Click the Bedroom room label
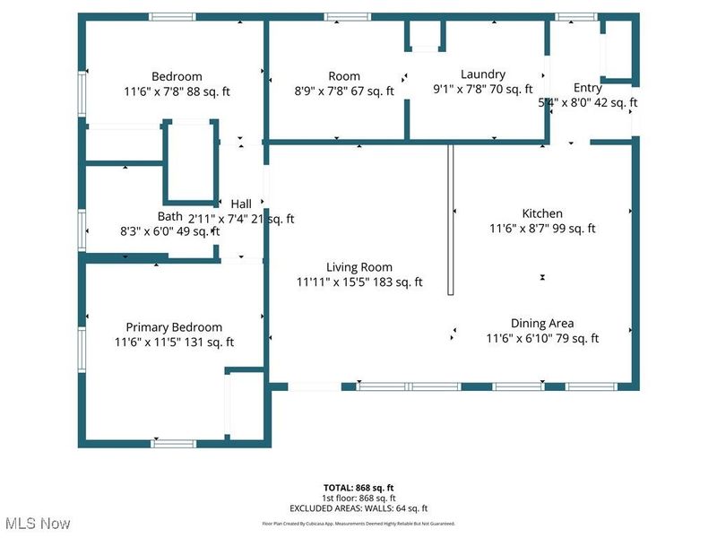click(x=177, y=76)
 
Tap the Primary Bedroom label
click(x=174, y=326)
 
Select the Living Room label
click(x=358, y=266)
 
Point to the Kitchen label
click(x=542, y=213)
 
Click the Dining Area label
click(x=542, y=323)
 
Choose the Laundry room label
click(x=483, y=74)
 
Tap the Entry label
click(x=588, y=87)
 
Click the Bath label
click(x=170, y=216)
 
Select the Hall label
click(x=241, y=204)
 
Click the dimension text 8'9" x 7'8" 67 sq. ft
click(x=344, y=91)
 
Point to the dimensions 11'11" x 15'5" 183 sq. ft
click(x=359, y=282)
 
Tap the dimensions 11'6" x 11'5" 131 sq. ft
click(x=174, y=342)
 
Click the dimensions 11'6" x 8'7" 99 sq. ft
click(x=542, y=229)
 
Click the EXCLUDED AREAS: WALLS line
click(x=358, y=508)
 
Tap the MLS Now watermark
click(x=38, y=523)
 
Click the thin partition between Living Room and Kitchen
click(x=452, y=220)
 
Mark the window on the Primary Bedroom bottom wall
click(x=173, y=443)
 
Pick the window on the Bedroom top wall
click(x=173, y=16)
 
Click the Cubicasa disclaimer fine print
click(x=358, y=523)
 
